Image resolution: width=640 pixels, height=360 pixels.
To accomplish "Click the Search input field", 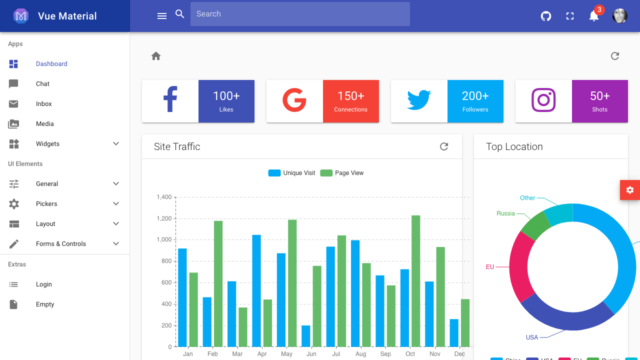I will coord(300,14).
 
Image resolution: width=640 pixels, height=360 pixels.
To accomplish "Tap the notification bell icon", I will coord(593,16).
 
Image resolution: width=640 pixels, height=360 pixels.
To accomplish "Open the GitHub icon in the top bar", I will coord(546,16).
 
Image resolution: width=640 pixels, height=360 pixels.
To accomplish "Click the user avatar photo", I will coord(619,16).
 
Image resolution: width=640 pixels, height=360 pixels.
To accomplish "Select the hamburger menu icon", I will coord(162,16).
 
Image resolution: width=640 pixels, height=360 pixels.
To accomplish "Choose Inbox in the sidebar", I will coord(44,104).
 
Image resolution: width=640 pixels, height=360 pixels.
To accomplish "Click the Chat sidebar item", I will coord(42,84).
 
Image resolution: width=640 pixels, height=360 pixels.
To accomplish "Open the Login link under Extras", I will coord(44,284).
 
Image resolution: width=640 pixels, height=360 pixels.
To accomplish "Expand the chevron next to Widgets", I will coord(116,144).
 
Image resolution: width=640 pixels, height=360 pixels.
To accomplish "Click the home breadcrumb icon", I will coord(156,56).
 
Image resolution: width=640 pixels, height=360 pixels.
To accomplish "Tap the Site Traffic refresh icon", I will coord(444,146).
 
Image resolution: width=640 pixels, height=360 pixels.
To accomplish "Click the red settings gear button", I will coord(629,190).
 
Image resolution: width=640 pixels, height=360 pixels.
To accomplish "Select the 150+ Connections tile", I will coord(350,101).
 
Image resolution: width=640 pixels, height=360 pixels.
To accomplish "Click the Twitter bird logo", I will coord(419,100).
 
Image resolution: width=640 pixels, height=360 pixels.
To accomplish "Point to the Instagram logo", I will coord(543,100).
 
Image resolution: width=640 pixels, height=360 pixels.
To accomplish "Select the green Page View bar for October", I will coord(415,280).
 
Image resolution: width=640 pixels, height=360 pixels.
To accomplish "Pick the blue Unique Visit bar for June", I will coord(305,336).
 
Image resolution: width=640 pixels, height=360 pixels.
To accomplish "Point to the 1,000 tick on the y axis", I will coord(164,239).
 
